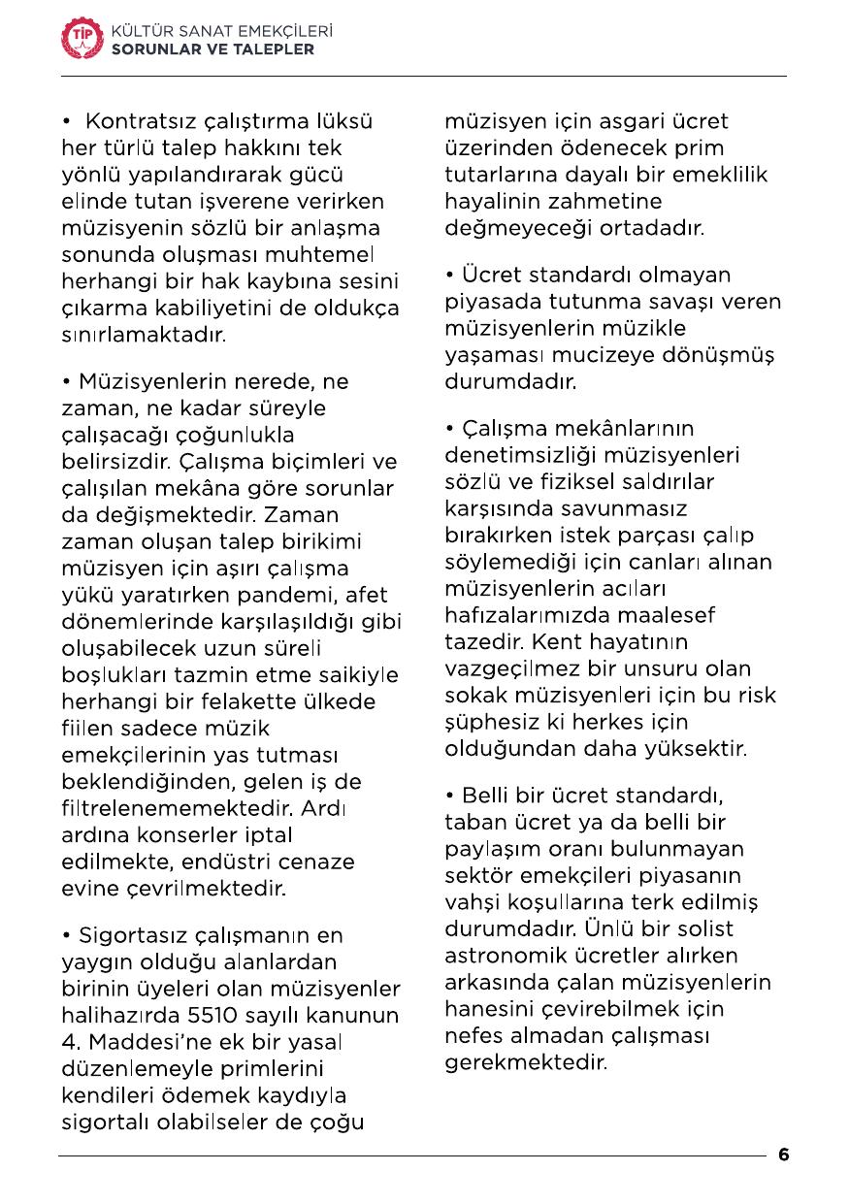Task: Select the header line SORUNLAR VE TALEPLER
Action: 213,49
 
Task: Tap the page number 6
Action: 783,1155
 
